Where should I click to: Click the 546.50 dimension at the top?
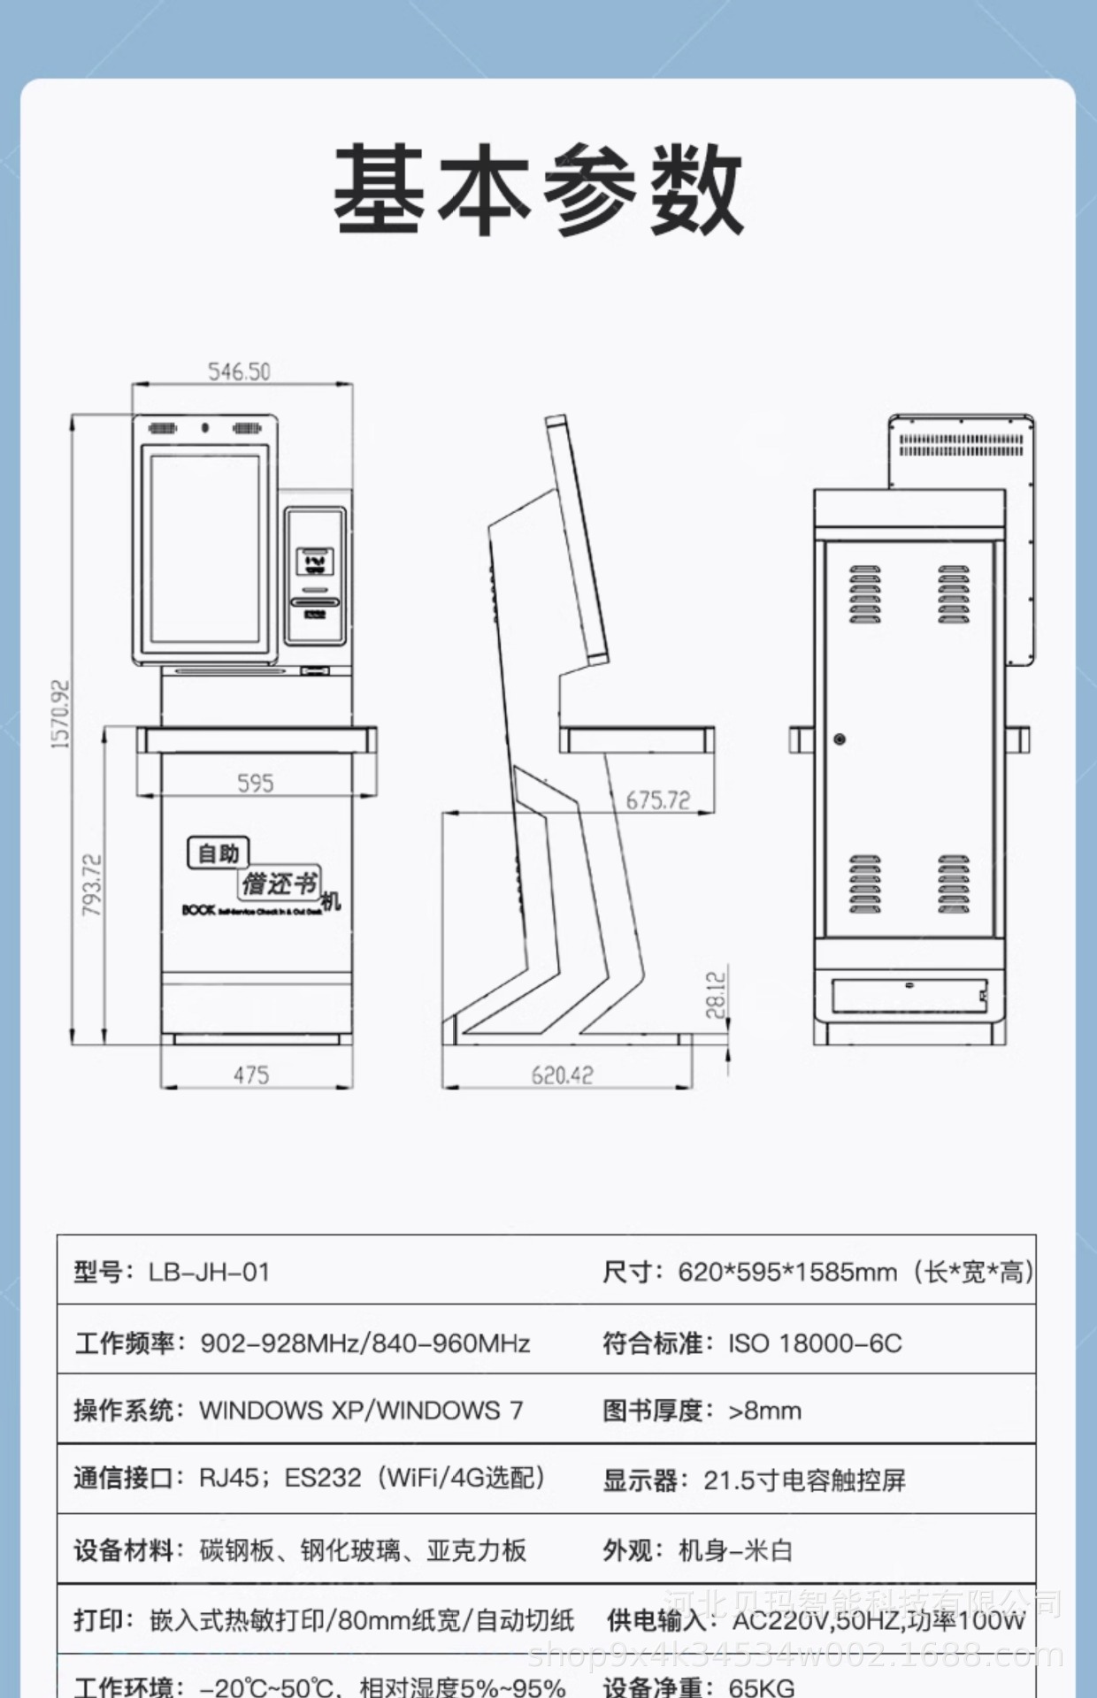239,371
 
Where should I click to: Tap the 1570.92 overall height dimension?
60,715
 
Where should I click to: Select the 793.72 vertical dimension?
92,884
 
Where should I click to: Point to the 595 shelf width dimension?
255,784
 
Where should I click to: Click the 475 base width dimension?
251,1075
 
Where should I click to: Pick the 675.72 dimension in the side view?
657,800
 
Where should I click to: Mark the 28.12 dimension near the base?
716,995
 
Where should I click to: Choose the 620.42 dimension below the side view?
562,1075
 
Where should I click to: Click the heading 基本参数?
539,191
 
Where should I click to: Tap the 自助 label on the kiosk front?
219,853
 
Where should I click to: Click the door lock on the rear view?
840,738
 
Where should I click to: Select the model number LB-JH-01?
209,1273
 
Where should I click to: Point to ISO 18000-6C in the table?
815,1343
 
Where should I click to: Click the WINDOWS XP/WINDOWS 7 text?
361,1411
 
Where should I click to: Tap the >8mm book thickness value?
764,1411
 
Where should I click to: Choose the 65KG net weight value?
762,1687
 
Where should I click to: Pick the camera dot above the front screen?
205,428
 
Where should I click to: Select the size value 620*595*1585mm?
787,1273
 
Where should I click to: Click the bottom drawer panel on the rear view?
909,995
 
